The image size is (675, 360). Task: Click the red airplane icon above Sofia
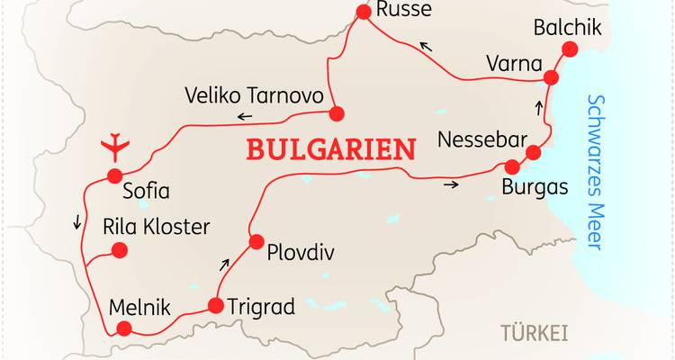coord(114,144)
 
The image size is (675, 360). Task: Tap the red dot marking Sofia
coord(114,176)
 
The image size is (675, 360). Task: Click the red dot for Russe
coord(364,12)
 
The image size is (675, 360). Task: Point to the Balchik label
coord(567,27)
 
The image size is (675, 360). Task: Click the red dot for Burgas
coord(513,166)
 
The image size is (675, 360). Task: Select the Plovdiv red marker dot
coord(256,241)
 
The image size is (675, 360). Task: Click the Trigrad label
coord(262,306)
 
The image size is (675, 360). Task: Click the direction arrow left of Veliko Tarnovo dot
coord(245,116)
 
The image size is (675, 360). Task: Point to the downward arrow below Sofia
coord(76,221)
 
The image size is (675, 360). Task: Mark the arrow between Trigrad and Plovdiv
coord(226,265)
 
